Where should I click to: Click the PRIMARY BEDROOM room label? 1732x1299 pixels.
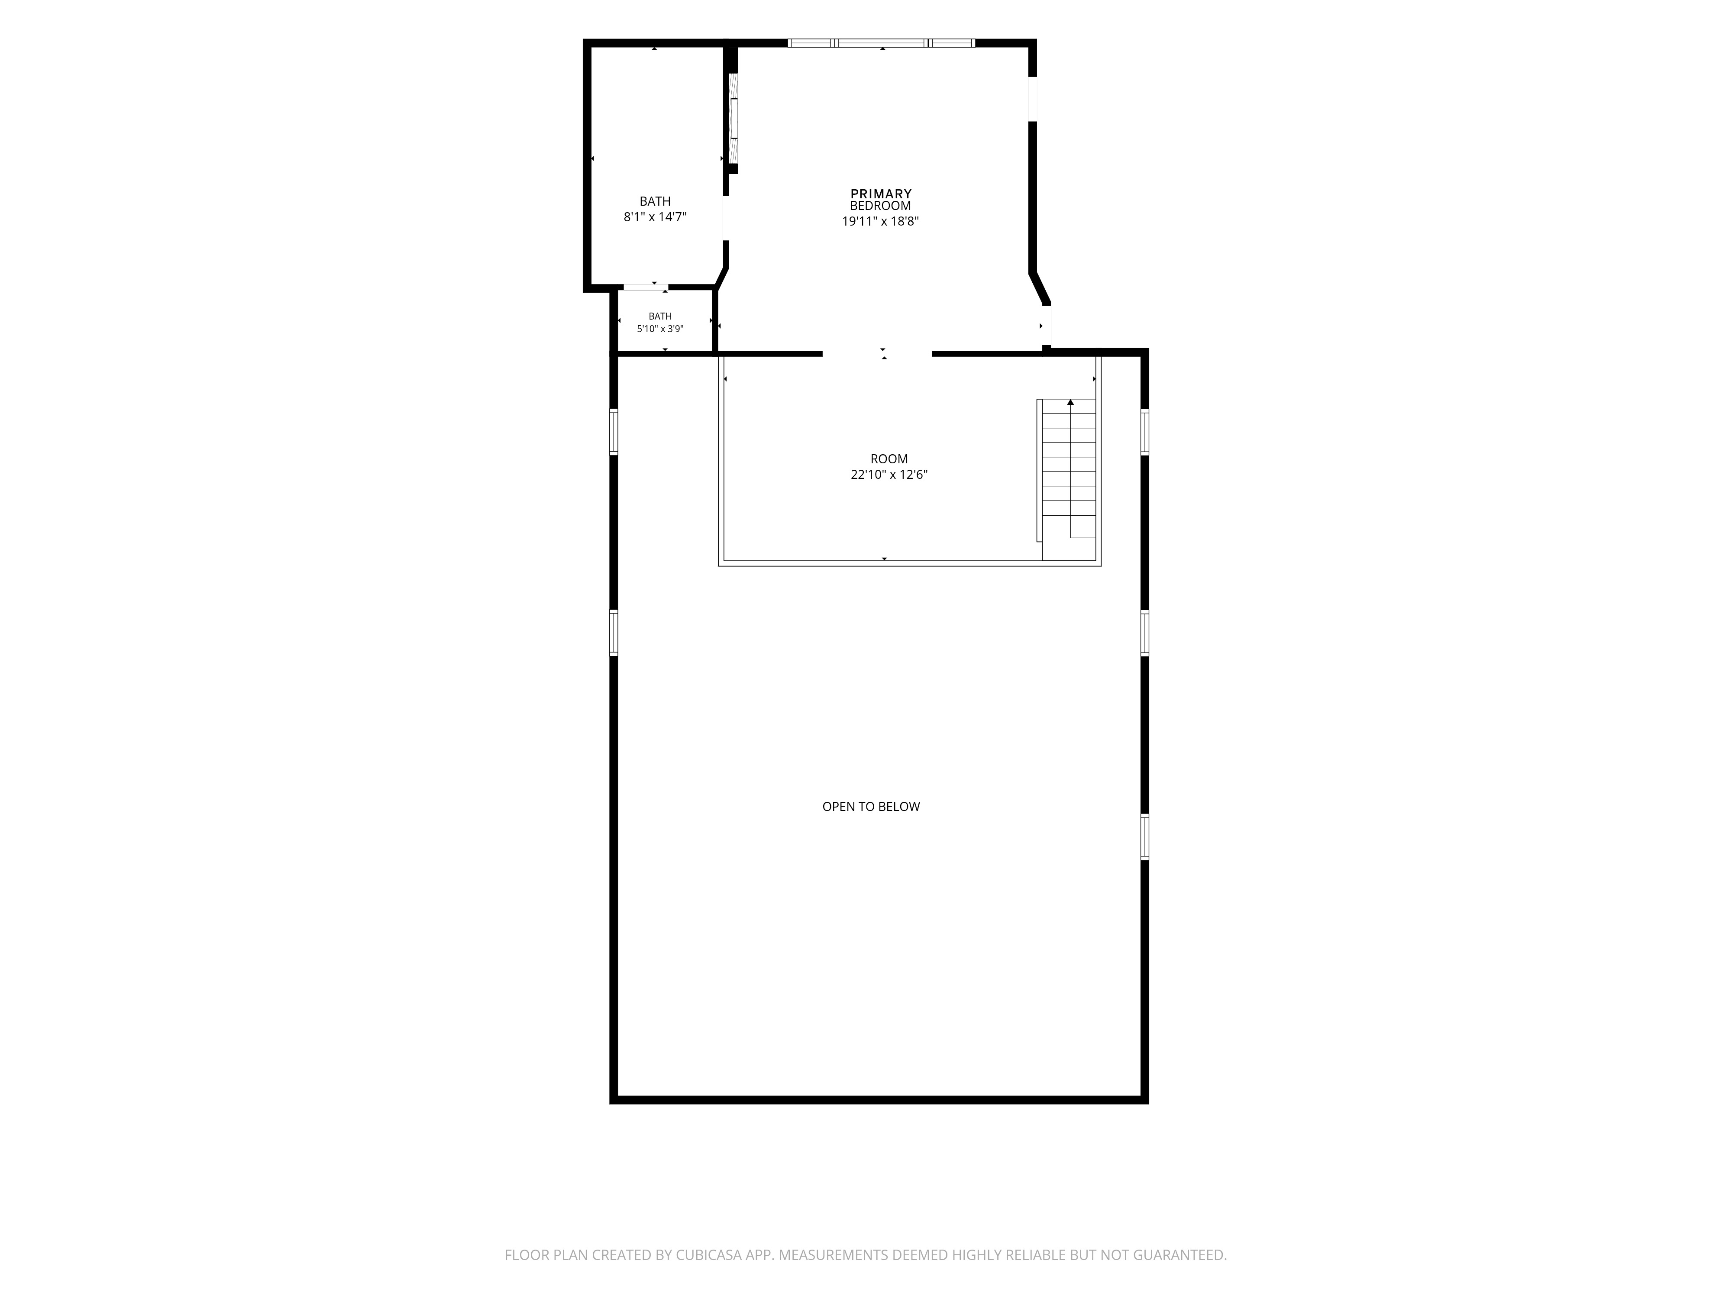[881, 200]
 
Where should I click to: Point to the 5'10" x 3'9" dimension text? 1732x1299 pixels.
[660, 329]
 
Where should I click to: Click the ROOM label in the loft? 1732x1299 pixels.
[889, 459]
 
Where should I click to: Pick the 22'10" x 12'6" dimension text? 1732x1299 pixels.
[889, 475]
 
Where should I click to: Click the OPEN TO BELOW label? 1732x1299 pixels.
[871, 807]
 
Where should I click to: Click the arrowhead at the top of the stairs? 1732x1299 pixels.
[1070, 402]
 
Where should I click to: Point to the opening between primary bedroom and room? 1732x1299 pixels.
[877, 354]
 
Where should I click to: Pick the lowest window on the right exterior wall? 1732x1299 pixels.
[1145, 837]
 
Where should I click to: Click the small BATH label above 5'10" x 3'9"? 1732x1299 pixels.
[660, 317]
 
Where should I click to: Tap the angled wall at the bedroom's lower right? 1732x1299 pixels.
[1040, 288]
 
